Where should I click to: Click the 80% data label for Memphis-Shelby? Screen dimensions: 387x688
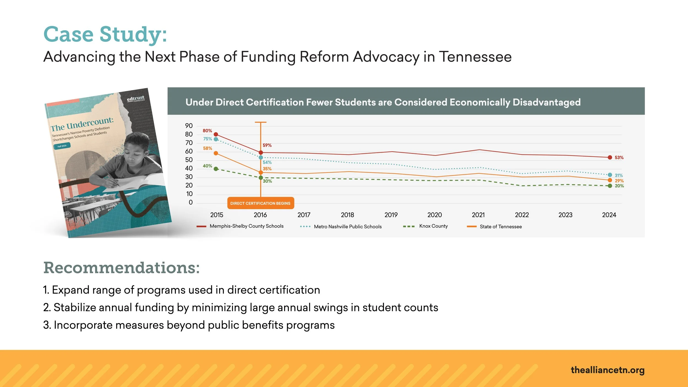[207, 131]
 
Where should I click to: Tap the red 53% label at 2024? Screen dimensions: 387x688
[619, 158]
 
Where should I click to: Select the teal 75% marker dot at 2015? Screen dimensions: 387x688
[216, 139]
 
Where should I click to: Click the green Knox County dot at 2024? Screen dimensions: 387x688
[610, 186]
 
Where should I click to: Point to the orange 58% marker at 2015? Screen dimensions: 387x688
[216, 153]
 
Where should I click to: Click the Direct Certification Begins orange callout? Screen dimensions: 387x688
[260, 203]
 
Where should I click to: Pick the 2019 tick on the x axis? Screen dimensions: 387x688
[391, 215]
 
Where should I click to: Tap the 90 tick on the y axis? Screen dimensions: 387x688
[189, 126]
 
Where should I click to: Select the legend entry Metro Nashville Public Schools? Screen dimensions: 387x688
[348, 227]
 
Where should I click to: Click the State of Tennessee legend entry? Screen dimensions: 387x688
[501, 227]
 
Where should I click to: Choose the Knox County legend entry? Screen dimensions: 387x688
[433, 226]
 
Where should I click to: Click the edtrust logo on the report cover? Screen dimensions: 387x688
[136, 98]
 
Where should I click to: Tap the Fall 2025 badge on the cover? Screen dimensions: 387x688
[62, 146]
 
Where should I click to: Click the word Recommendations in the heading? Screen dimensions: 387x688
[121, 268]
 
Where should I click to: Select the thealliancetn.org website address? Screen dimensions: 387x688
[608, 370]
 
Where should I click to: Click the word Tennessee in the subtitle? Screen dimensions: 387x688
[475, 57]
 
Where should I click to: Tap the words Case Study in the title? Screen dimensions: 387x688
[105, 34]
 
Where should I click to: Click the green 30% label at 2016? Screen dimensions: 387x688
[267, 181]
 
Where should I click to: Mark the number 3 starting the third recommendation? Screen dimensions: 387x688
[46, 325]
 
